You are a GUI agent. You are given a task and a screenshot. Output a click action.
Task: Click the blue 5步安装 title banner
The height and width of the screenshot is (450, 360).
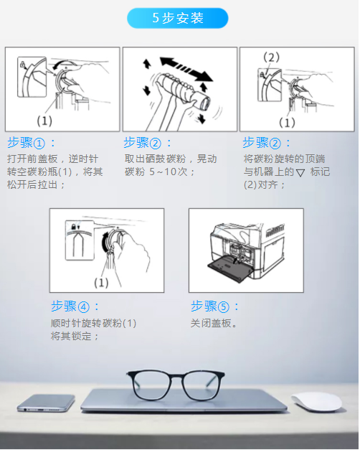[178, 18]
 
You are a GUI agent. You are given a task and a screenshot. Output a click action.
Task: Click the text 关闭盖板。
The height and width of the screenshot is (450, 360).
[214, 324]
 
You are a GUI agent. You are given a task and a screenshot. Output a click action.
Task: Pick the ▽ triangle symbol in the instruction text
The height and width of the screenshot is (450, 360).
[300, 173]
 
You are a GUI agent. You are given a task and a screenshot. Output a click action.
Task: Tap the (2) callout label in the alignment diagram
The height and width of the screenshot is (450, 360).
[271, 57]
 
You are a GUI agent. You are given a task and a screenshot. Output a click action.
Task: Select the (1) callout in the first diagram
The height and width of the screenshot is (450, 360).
[44, 121]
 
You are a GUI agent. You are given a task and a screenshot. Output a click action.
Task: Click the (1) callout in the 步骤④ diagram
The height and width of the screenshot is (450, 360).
[101, 283]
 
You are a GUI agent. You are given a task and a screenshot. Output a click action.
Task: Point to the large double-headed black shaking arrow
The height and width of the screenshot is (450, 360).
[186, 69]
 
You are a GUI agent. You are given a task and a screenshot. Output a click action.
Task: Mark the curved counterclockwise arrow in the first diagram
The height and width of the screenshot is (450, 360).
[64, 64]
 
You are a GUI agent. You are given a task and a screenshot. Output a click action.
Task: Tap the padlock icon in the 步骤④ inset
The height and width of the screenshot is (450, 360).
[73, 226]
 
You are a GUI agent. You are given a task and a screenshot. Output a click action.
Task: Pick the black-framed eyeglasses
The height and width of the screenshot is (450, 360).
[176, 385]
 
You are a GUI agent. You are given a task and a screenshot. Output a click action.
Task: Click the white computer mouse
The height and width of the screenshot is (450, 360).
[317, 402]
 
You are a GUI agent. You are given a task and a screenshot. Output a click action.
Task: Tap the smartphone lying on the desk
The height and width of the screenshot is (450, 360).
[46, 403]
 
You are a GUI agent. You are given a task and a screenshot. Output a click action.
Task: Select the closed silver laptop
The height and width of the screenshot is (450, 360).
[184, 401]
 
